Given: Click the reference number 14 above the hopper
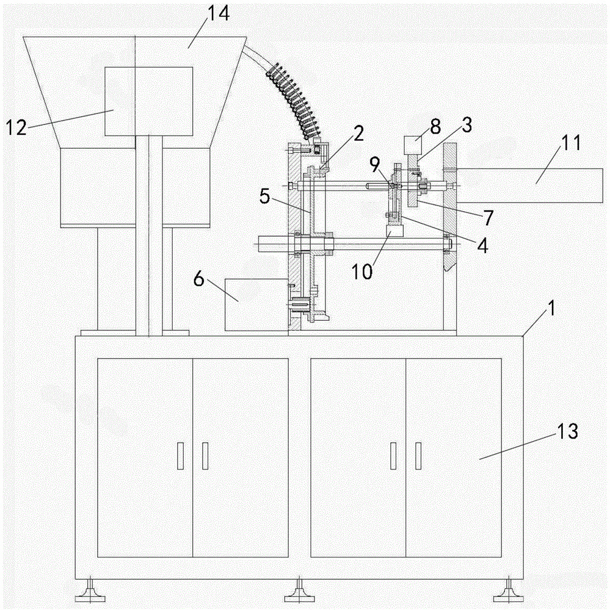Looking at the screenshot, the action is pos(218,14).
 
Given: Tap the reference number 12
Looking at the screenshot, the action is pos(16,127).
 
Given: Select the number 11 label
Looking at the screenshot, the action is pos(570,142).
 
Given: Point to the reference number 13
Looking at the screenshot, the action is pos(567,431).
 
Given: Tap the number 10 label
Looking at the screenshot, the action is pos(362,271).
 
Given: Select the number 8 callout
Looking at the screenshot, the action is pos(434,126).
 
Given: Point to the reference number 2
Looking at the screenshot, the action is pos(358,134).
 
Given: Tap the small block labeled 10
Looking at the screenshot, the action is pos(396,231).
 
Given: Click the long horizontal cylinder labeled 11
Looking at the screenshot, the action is pos(530,185).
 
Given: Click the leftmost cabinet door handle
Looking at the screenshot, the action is pos(180,456).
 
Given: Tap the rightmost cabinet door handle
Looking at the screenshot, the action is pos(418,456).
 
